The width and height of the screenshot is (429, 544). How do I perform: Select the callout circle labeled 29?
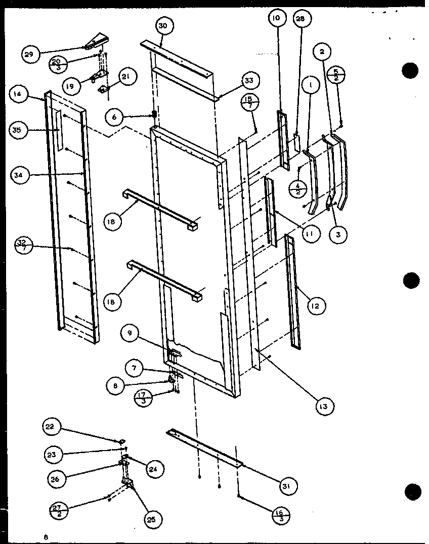point(30,54)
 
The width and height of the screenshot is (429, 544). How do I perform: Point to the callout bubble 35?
point(18,130)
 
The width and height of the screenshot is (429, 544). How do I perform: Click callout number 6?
point(115,117)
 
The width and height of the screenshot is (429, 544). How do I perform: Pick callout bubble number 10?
point(276,20)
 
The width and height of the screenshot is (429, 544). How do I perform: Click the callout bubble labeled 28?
point(301,19)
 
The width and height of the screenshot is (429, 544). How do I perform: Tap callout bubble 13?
point(323,406)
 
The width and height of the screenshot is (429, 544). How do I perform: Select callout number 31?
point(287,486)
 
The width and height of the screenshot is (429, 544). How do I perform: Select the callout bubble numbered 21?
point(125,76)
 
